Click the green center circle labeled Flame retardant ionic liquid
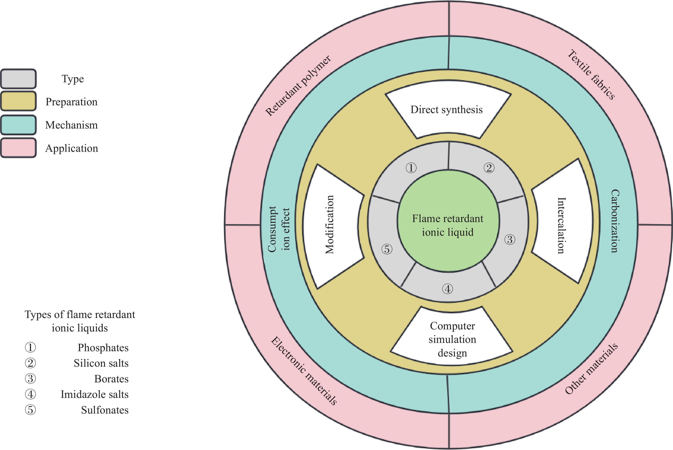[448, 221]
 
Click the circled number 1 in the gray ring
[411, 168]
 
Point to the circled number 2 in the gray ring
[489, 168]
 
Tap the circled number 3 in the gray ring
[510, 240]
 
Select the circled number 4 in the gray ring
[448, 289]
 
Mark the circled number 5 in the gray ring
[387, 249]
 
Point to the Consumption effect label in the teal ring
[279, 229]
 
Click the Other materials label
[591, 369]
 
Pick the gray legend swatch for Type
[18, 79]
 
